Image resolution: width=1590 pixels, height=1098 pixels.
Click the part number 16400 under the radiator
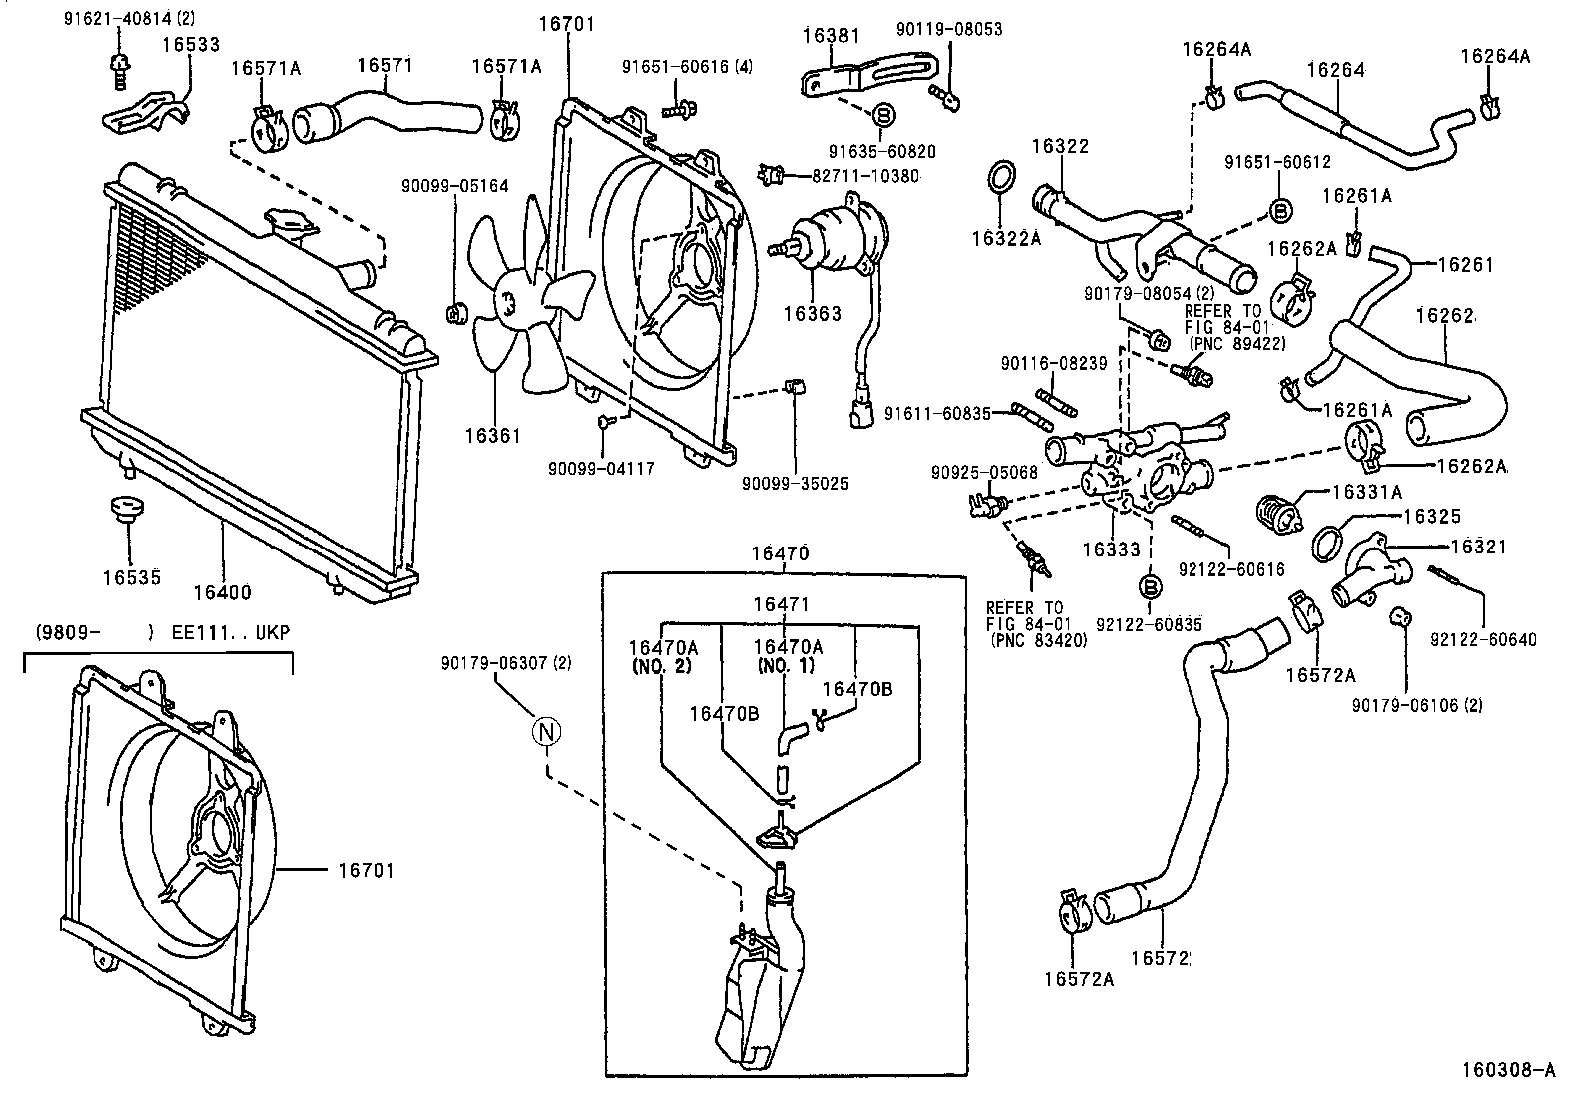coord(222,593)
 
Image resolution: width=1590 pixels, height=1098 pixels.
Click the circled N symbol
coord(546,732)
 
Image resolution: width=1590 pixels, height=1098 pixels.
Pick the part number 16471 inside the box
coord(781,604)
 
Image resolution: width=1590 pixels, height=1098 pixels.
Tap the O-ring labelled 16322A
coord(1001,176)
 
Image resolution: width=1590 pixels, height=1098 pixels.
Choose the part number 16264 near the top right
coord(1335,70)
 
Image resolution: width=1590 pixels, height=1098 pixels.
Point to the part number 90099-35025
coord(795,483)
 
